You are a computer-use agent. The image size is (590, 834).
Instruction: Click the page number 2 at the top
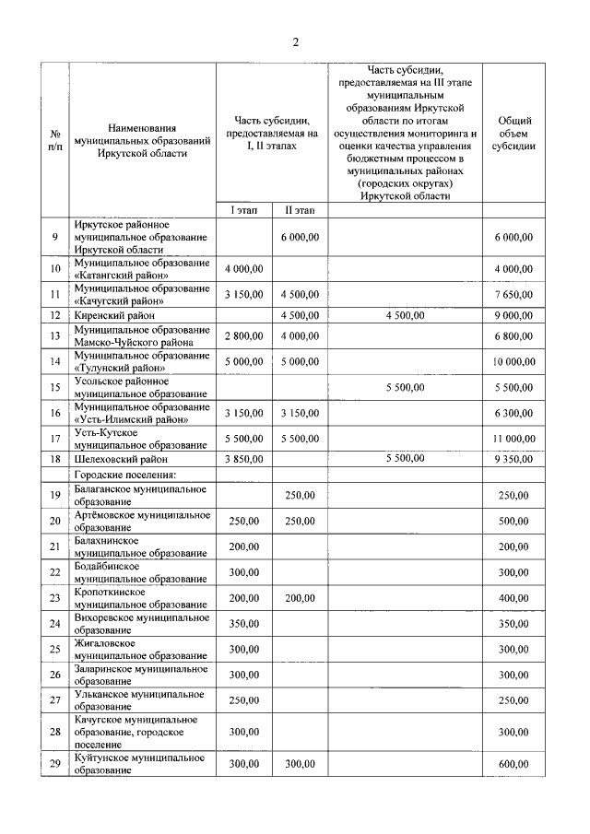tap(295, 41)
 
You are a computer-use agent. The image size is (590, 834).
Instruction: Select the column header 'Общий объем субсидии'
tap(513, 133)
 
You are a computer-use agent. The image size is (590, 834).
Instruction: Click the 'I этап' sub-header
tap(243, 211)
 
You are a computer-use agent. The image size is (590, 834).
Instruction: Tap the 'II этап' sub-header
tap(299, 211)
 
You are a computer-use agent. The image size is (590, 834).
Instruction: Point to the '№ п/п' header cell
tap(54, 139)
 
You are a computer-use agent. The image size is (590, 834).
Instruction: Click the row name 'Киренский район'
tap(114, 316)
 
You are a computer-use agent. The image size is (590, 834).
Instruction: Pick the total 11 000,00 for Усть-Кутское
tap(513, 439)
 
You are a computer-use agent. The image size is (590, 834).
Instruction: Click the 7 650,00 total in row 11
tap(513, 295)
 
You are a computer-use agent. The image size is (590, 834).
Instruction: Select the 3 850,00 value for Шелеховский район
tap(243, 458)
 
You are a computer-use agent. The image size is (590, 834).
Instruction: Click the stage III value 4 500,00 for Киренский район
tap(406, 316)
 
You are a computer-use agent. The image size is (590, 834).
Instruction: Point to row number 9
tap(54, 237)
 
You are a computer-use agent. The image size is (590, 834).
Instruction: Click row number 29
tap(54, 764)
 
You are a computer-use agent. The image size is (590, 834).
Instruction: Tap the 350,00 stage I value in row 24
tap(243, 624)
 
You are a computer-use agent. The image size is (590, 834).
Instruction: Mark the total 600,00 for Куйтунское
tap(513, 764)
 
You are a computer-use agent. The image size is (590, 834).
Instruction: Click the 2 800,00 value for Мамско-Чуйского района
tap(243, 335)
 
